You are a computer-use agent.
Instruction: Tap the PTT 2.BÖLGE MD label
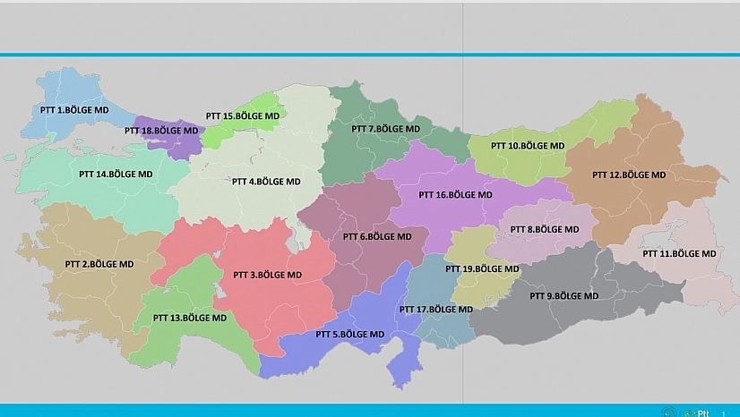pos(99,264)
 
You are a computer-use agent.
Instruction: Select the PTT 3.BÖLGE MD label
pos(267,275)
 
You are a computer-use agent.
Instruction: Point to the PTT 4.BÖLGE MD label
pos(266,181)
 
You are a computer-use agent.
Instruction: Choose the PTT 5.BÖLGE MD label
pos(349,334)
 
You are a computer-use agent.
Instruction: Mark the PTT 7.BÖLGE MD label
pos(385,129)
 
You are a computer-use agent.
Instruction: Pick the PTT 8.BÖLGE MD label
pos(545,229)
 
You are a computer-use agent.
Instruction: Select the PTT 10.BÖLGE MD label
pos(528,145)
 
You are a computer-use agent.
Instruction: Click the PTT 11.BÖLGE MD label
pos(679,253)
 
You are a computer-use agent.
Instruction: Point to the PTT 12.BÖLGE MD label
pos(629,174)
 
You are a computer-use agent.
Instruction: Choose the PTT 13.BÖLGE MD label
pos(189,318)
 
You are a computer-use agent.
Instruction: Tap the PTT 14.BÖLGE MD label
pos(113,174)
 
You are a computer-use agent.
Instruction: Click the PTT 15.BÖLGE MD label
pos(242,116)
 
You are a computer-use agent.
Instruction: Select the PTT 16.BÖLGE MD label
pos(455,194)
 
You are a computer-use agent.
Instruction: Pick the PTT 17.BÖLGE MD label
pos(435,310)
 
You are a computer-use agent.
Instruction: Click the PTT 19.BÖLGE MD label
pos(482,268)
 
